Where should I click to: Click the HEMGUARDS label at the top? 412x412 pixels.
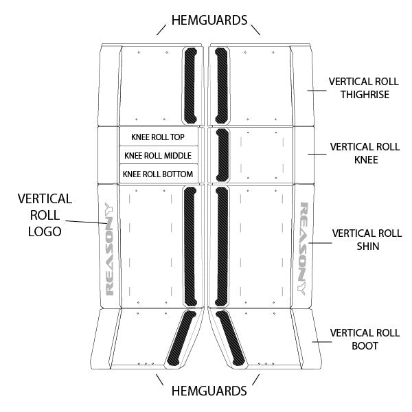tap(209, 20)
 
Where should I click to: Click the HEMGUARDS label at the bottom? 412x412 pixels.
tap(209, 391)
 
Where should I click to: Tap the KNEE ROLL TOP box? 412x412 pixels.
tap(159, 137)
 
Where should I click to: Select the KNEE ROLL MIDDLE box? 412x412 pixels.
tap(159, 155)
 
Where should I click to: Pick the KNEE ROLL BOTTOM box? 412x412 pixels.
tap(159, 174)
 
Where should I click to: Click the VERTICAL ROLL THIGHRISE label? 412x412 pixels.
tap(364, 87)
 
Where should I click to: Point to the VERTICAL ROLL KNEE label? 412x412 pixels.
tap(364, 153)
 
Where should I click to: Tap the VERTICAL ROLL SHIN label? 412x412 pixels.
tap(365, 240)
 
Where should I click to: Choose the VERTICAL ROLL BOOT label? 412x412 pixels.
tap(364, 339)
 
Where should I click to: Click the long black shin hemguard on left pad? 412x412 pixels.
tap(190, 246)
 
